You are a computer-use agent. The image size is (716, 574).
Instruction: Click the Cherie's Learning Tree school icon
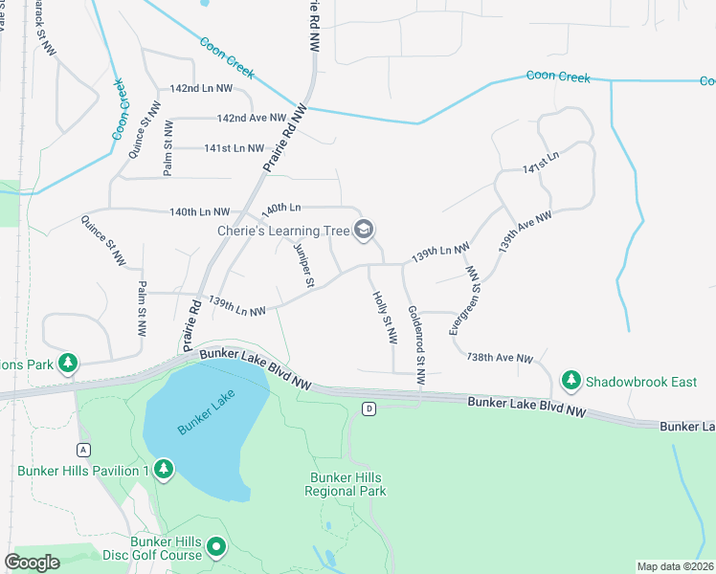(363, 230)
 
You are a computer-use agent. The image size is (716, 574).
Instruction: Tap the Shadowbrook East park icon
(571, 381)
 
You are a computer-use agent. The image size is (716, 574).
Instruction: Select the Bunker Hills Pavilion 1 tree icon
(165, 470)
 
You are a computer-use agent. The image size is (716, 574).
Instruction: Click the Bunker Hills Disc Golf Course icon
(217, 548)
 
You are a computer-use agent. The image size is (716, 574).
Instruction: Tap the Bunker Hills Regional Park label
(345, 484)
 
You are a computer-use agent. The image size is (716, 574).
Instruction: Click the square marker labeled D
(369, 408)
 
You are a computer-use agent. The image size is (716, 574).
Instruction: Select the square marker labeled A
(84, 450)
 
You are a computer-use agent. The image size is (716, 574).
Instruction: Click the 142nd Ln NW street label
(201, 88)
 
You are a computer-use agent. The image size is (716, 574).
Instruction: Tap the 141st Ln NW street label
(234, 148)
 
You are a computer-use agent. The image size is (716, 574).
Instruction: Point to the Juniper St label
(303, 264)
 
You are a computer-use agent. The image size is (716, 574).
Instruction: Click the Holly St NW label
(384, 319)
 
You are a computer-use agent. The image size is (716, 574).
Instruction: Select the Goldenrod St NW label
(416, 345)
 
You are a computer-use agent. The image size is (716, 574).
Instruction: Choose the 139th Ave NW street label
(525, 232)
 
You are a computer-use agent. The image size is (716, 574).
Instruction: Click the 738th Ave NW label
(499, 358)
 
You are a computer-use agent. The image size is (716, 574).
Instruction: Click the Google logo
(32, 563)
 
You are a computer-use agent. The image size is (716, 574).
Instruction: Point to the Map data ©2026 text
(674, 566)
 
